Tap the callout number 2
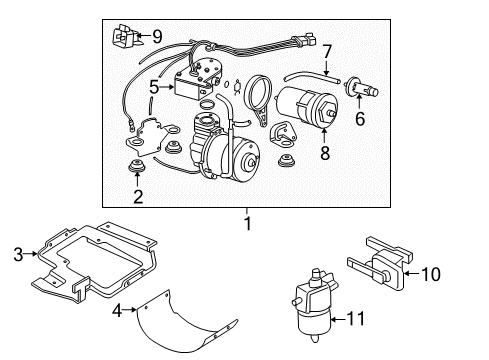coord(138,197)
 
